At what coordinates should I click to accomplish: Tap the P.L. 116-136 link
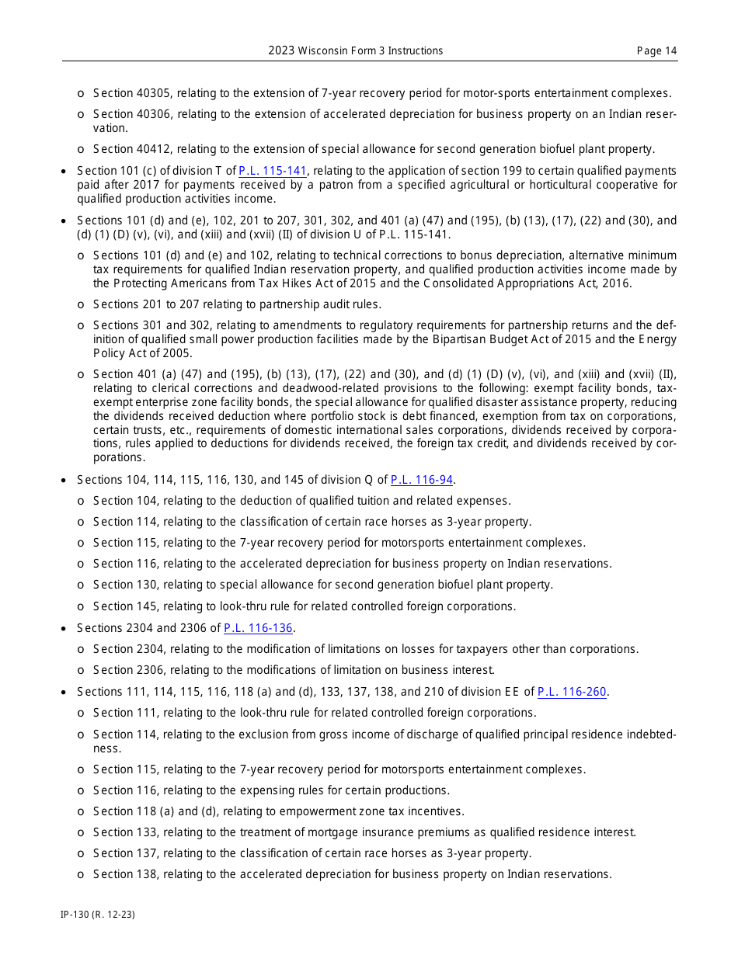(259, 628)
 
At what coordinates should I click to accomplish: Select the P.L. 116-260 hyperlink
(572, 692)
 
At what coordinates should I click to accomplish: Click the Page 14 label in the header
(656, 51)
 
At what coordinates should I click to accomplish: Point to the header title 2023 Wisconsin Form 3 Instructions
(356, 51)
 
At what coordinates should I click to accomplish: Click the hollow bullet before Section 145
(81, 606)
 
